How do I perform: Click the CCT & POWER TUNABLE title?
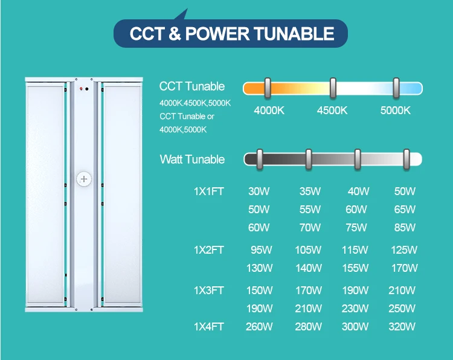(x=232, y=33)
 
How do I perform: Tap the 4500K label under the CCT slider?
(x=332, y=111)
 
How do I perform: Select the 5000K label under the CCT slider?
(x=396, y=111)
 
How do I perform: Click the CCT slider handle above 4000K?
(x=268, y=88)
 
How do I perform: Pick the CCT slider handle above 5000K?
(x=396, y=88)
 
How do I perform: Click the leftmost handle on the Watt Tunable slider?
(x=259, y=159)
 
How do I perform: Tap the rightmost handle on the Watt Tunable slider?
(x=407, y=159)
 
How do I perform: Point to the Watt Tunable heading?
(x=192, y=159)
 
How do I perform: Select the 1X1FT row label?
(x=209, y=191)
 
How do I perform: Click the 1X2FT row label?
(x=209, y=249)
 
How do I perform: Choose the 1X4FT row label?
(x=209, y=327)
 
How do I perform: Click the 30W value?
(x=259, y=191)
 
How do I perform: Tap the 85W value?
(x=405, y=228)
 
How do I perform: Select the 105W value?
(x=309, y=249)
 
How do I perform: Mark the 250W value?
(x=402, y=309)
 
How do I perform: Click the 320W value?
(x=402, y=327)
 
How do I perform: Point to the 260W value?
(x=259, y=327)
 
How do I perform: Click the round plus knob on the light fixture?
(x=83, y=179)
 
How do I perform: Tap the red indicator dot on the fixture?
(x=81, y=89)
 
